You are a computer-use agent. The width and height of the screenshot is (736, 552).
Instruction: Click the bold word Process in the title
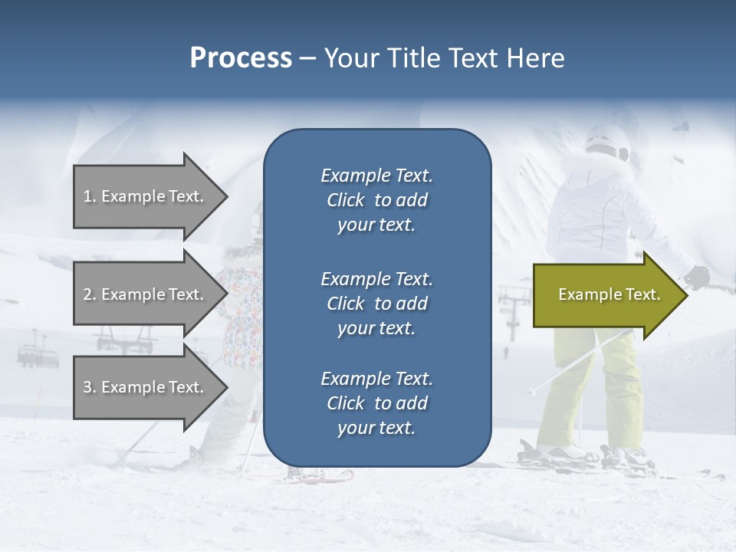(x=241, y=58)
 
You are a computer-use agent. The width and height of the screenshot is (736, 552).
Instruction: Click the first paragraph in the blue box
(x=376, y=200)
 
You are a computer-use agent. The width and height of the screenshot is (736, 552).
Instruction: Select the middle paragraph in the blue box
(x=376, y=303)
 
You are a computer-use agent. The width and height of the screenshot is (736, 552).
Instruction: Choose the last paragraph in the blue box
(x=376, y=403)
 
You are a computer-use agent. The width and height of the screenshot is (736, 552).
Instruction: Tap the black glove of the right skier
(x=698, y=276)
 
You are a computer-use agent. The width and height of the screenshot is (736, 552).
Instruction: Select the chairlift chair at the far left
(x=31, y=354)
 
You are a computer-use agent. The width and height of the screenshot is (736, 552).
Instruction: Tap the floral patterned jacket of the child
(x=242, y=307)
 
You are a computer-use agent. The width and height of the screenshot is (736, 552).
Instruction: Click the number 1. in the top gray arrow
(x=90, y=196)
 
